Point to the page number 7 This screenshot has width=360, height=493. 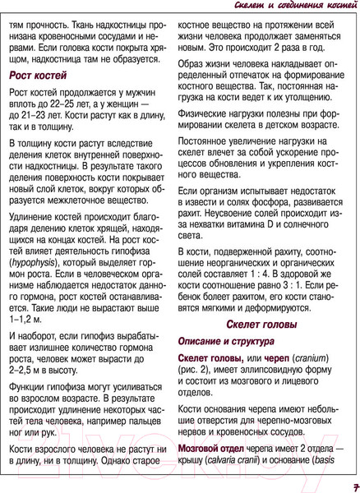coord(348,484)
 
